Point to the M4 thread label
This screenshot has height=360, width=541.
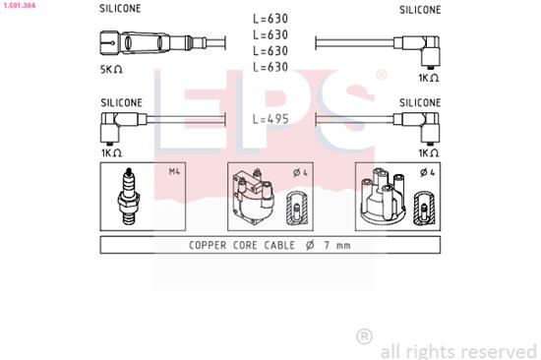174,173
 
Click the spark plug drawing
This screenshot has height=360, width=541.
128,197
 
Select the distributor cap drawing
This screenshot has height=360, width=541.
384,197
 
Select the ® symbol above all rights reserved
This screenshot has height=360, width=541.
364,335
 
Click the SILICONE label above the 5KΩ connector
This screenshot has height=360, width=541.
120,9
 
